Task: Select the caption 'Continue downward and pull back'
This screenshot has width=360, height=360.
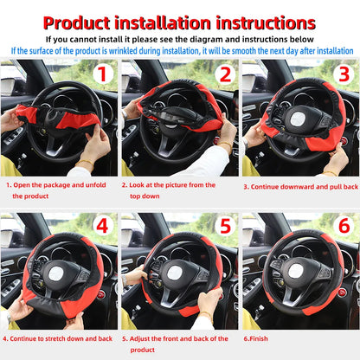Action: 299,186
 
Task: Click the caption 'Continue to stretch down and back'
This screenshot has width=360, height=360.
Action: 59,339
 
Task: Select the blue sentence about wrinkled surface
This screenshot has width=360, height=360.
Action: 180,50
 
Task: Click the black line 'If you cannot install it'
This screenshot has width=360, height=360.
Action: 180,39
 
